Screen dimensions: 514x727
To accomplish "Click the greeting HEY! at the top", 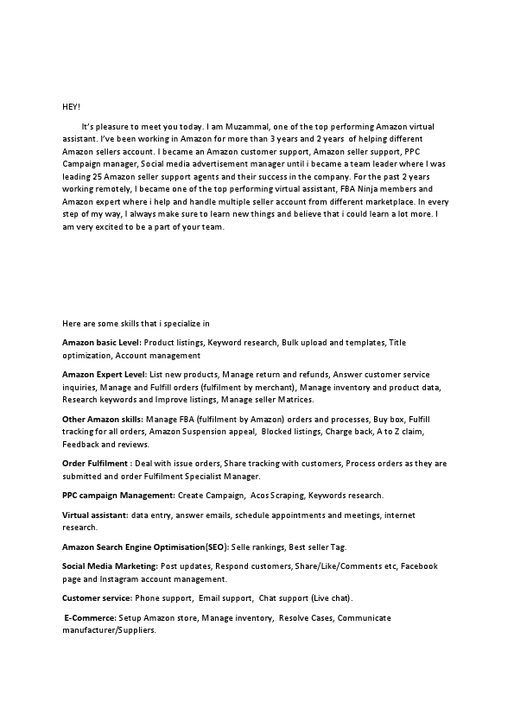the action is [x=71, y=105].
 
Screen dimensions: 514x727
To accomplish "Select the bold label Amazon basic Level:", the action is [x=102, y=343].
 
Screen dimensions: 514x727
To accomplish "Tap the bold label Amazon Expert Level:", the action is [x=105, y=375].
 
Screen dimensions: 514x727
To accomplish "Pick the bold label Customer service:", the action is [x=97, y=597].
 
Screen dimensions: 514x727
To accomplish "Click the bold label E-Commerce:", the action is [x=92, y=618].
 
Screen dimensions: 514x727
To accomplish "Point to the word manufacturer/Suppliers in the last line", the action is [x=109, y=630].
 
